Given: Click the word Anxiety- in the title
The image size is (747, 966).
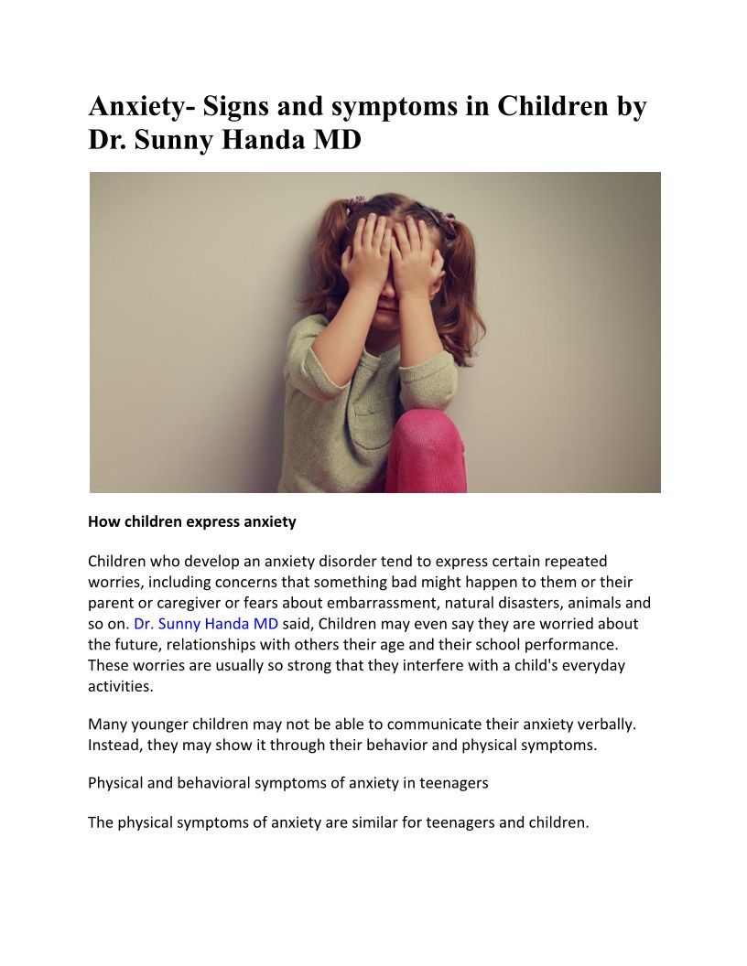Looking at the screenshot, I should pos(141,107).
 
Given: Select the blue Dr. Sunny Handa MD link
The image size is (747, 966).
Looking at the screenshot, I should pos(206,624).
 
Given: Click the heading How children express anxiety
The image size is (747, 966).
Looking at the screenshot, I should pos(192,521).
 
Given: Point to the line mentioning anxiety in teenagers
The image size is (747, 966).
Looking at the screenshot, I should pos(288,783).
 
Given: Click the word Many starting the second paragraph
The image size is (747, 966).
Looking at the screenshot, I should pos(108,724).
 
